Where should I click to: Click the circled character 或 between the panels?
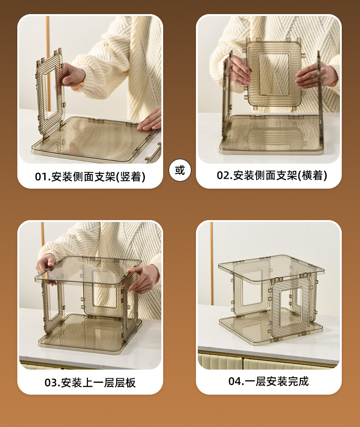click(180, 170)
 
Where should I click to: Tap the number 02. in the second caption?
click(224, 175)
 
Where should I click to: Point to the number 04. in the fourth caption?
click(236, 381)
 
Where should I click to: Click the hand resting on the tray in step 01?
click(150, 120)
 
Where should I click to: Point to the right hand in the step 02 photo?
click(314, 76)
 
